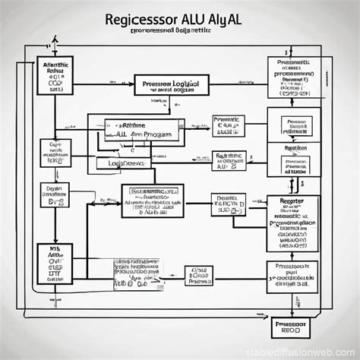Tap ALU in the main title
pyautogui.click(x=199, y=17)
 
